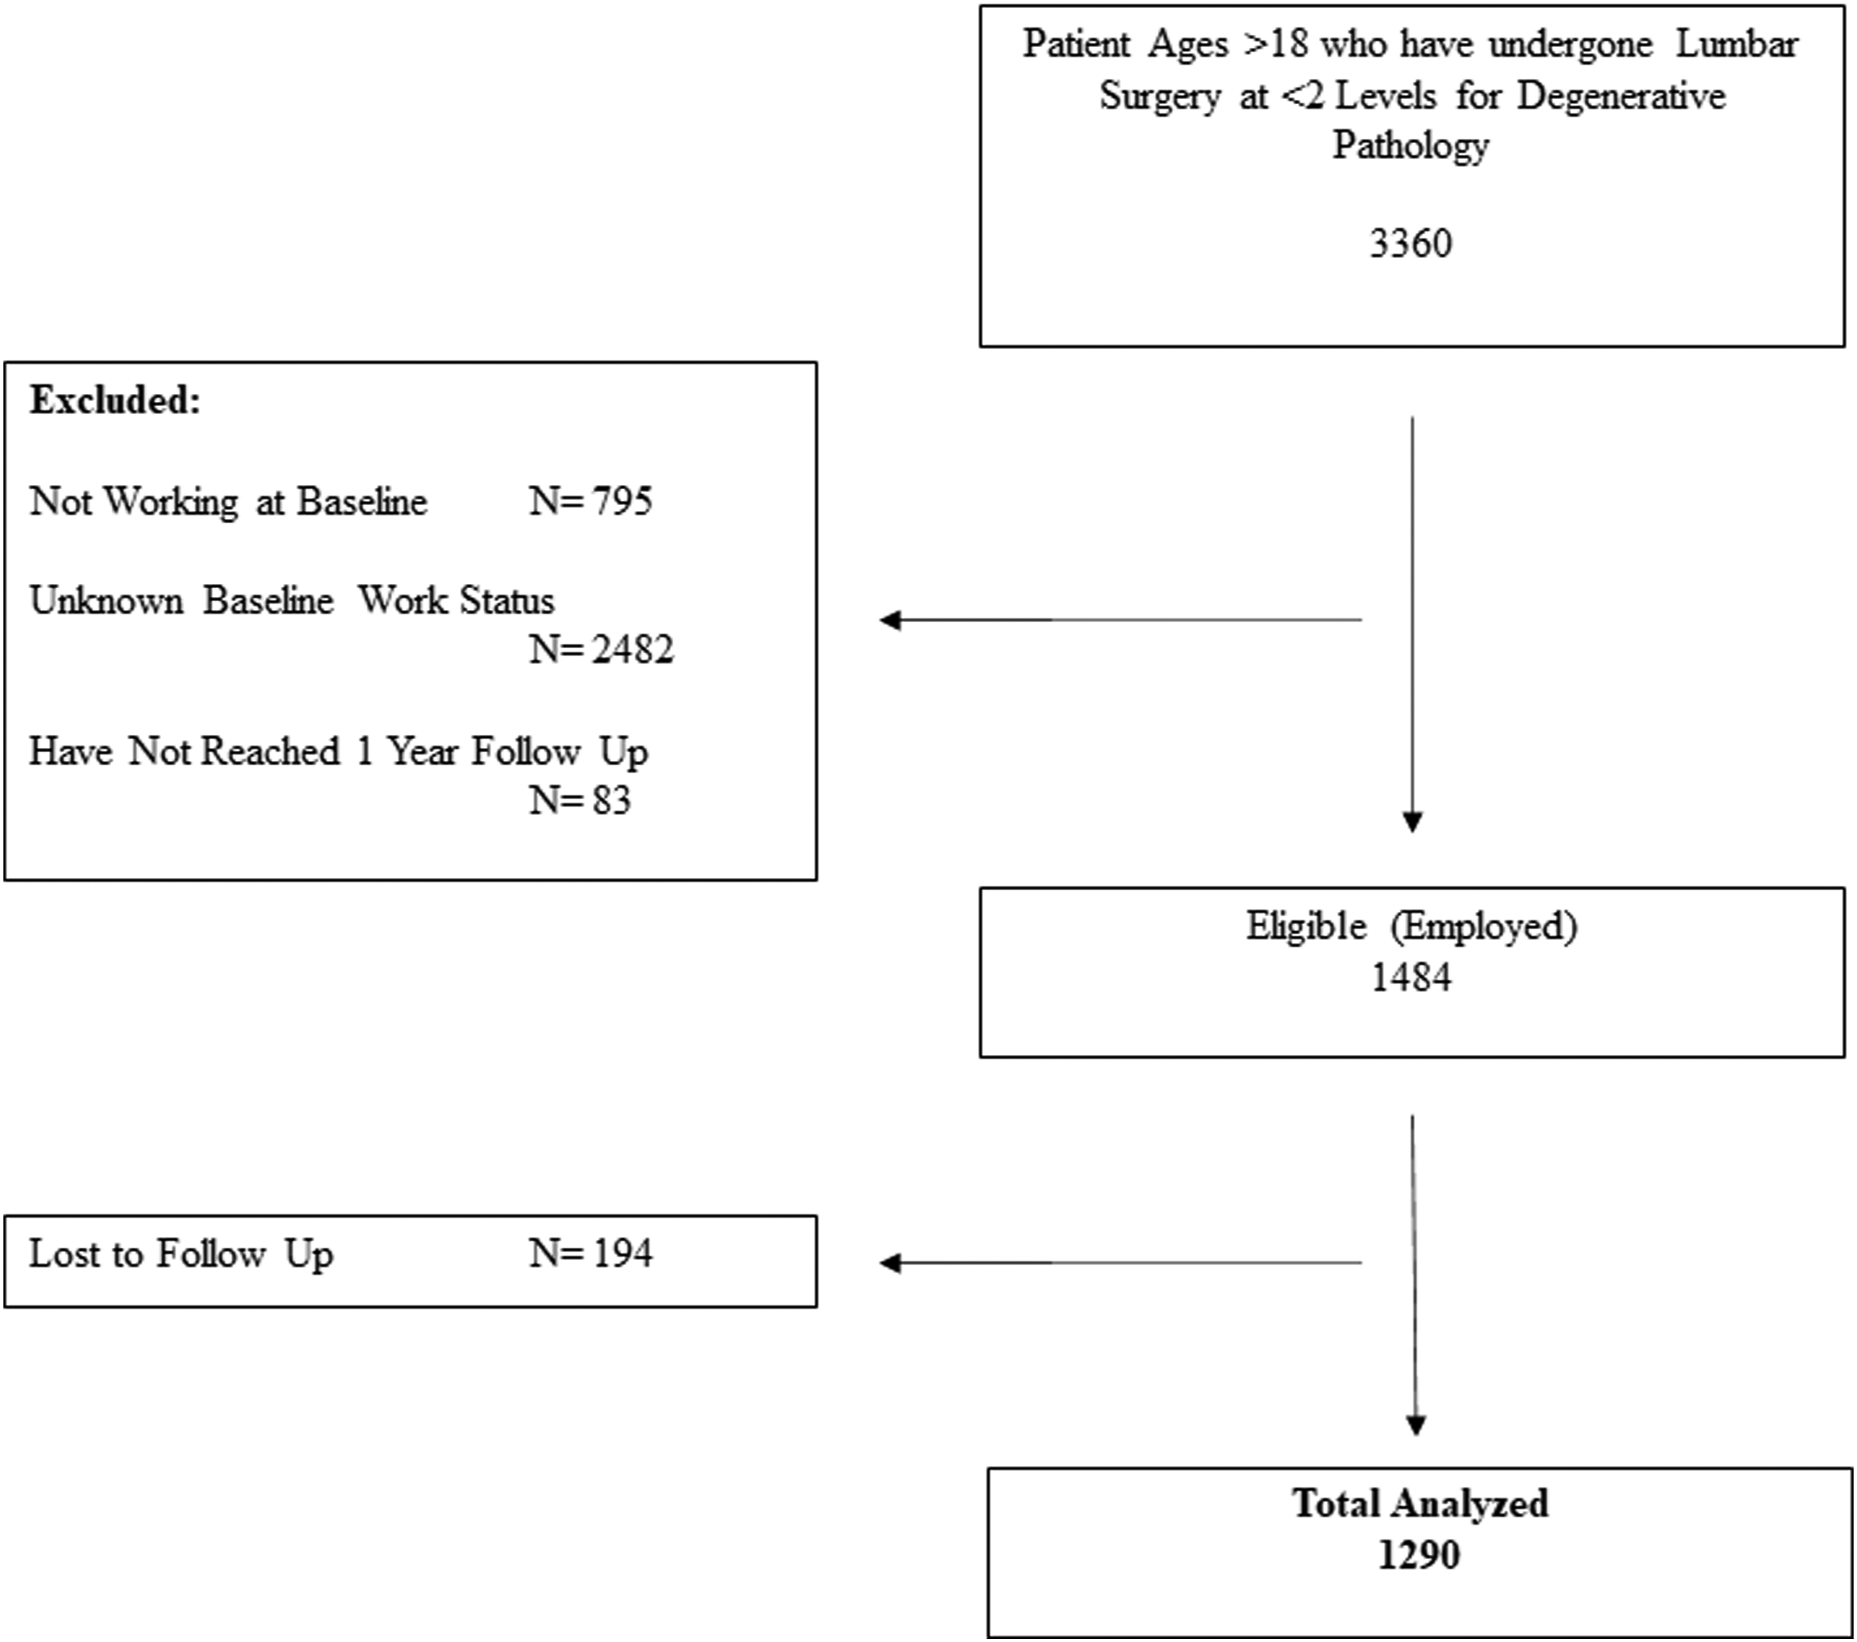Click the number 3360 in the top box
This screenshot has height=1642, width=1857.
1411,243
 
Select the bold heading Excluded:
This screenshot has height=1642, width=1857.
115,400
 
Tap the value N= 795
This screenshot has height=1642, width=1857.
591,501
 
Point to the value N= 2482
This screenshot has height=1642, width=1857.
602,649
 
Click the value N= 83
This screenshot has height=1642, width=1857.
579,800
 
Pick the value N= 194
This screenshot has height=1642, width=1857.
591,1253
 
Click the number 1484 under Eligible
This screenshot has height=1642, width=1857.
1411,977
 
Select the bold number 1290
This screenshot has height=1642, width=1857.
1419,1555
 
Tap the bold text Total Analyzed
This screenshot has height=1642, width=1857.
1420,1504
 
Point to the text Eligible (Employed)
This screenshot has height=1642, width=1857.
1411,926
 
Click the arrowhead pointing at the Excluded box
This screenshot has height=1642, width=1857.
890,620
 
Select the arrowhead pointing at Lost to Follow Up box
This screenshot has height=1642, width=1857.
890,1262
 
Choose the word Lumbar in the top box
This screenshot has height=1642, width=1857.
1736,43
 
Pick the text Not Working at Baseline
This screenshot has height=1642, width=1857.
228,502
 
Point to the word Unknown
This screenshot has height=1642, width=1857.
106,601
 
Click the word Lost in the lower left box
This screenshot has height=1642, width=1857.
61,1253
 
